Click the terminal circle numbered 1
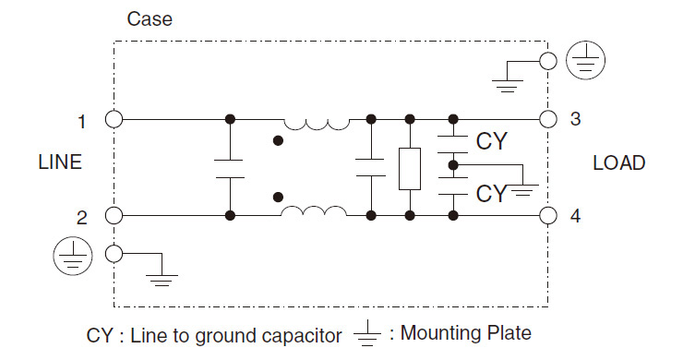tap(114, 119)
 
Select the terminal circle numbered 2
tap(114, 216)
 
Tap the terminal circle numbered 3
tap(548, 119)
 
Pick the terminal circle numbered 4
tap(548, 216)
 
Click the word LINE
tap(60, 163)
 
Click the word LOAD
tap(618, 163)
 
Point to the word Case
tap(149, 18)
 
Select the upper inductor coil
tap(316, 122)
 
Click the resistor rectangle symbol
tap(408, 168)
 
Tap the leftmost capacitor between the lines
tap(229, 167)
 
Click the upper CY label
tap(491, 141)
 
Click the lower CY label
tap(491, 193)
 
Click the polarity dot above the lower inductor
tap(278, 195)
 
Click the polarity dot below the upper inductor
tap(278, 141)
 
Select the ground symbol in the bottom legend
tap(368, 334)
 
